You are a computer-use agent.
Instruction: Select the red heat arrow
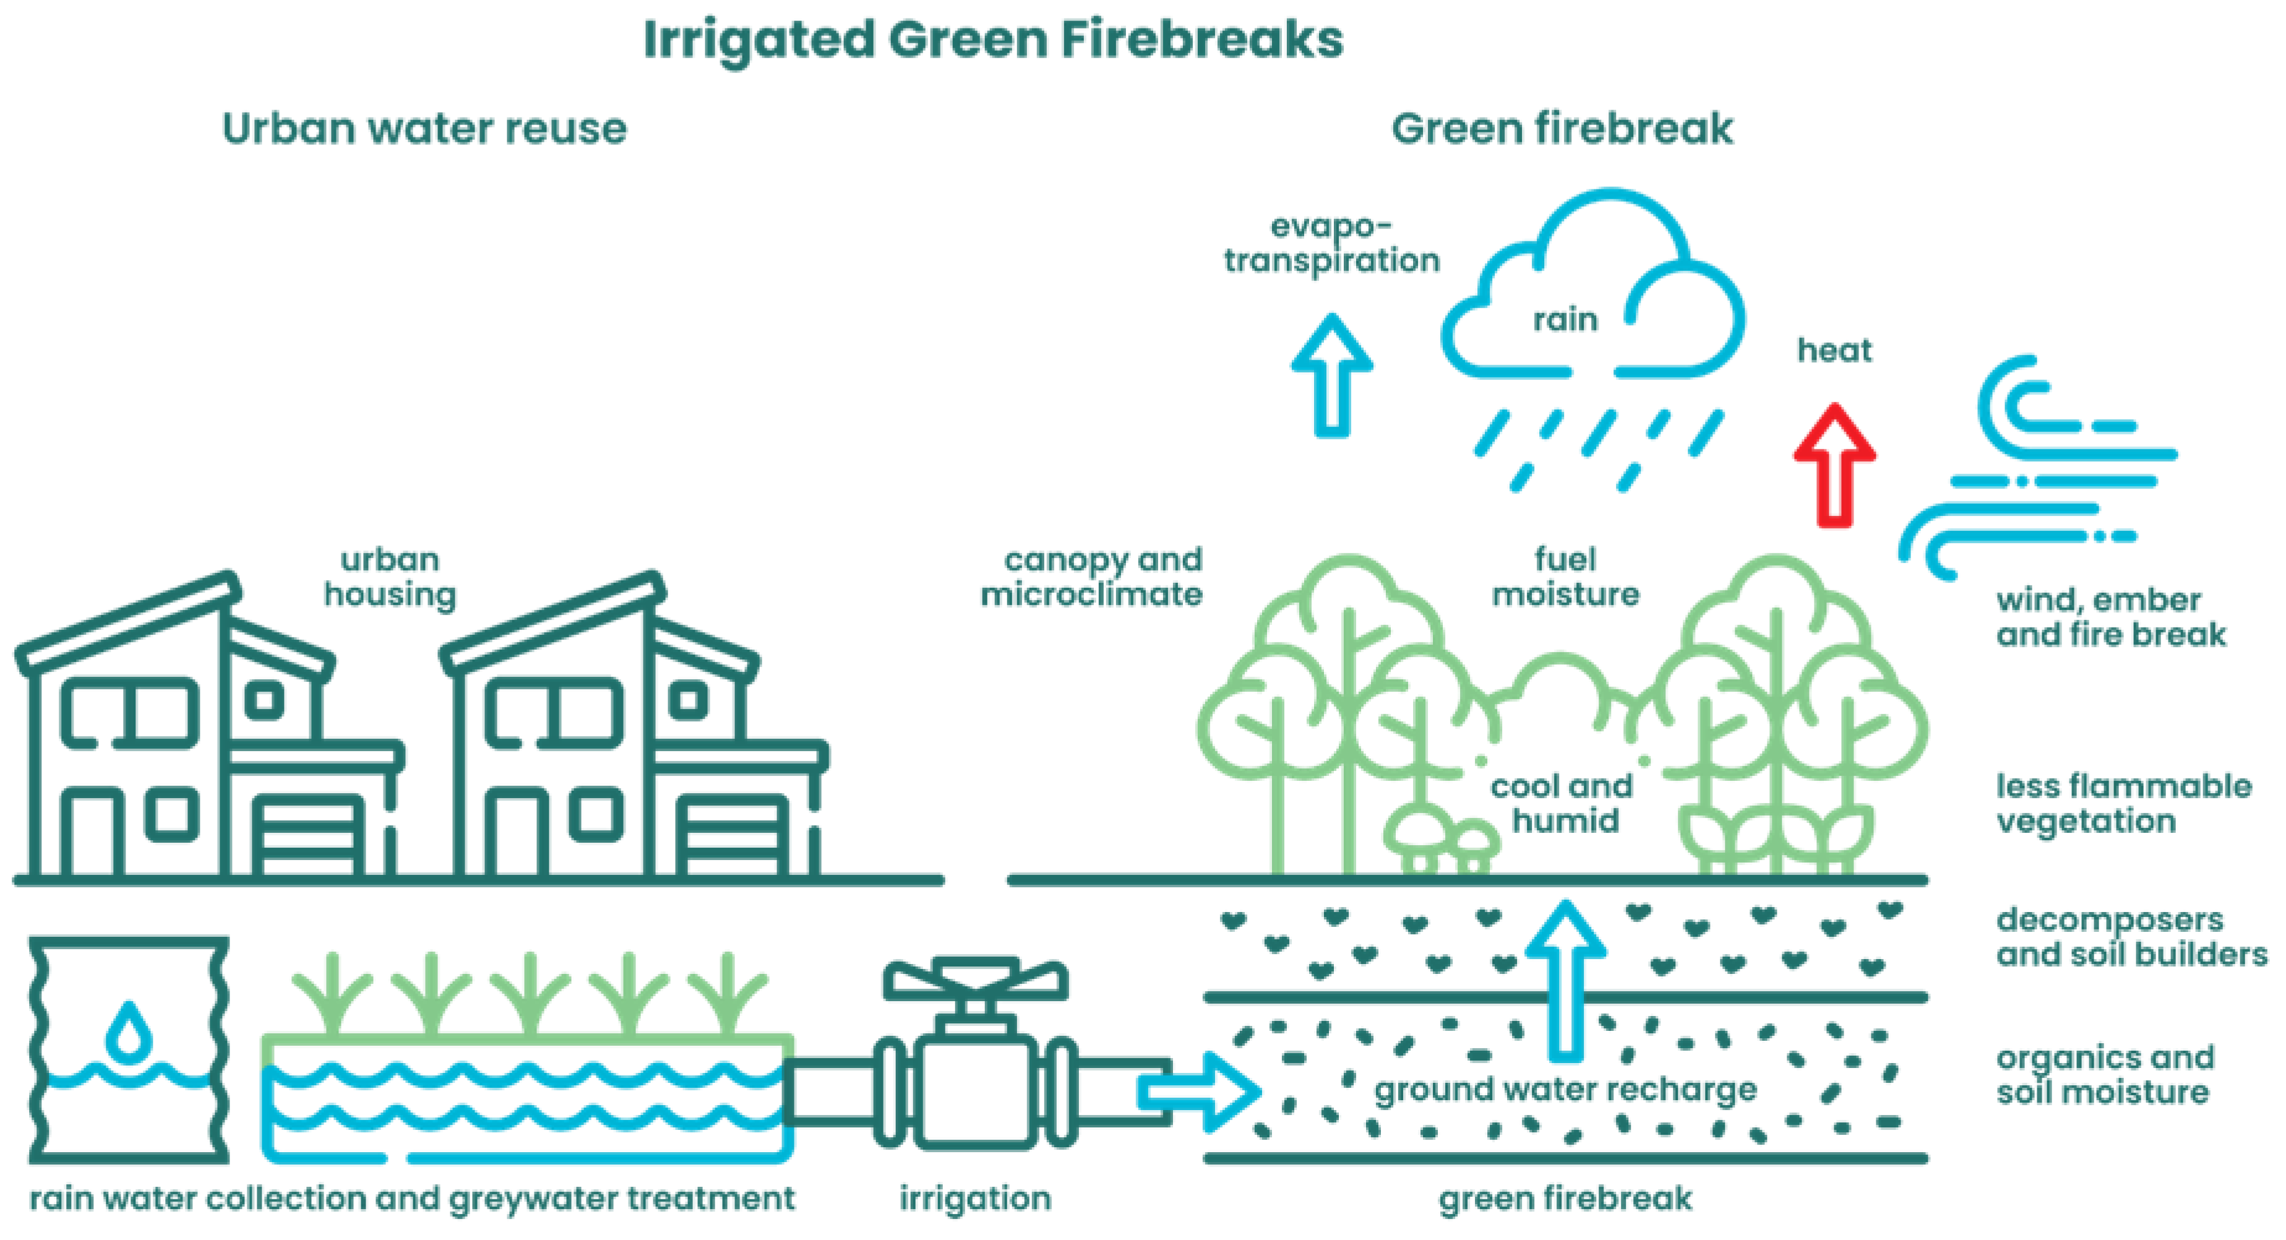1834,465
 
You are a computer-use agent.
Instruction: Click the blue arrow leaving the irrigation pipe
1198,1091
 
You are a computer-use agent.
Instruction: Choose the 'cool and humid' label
1563,803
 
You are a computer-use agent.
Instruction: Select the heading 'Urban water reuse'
424,129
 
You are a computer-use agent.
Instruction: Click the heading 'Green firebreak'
1562,129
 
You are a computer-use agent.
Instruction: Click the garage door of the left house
308,834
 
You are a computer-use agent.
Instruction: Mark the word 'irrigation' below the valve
975,1199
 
